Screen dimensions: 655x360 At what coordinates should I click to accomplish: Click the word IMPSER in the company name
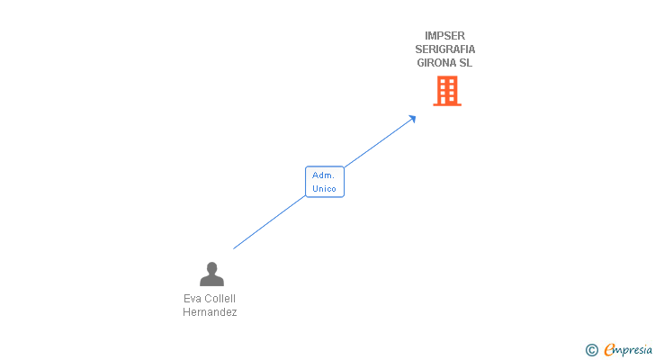445,36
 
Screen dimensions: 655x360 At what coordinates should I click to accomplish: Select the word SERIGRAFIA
445,49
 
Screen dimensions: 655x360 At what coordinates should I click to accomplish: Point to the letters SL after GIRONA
465,63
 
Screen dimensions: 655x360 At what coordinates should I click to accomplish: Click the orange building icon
447,91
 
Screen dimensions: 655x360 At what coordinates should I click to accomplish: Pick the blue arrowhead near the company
412,118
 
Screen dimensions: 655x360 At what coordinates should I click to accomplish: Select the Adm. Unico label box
324,182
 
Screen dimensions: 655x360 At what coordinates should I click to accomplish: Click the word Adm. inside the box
324,175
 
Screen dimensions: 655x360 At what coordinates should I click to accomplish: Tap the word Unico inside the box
324,189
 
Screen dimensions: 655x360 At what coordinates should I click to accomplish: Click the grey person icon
211,274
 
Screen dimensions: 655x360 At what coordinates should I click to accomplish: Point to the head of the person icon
211,267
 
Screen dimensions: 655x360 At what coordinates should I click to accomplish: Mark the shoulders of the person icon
211,281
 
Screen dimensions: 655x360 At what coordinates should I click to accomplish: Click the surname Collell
220,299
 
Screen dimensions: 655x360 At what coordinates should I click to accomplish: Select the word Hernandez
210,312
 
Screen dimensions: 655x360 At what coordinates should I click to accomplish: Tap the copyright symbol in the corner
591,350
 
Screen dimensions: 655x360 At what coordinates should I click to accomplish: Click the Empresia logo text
628,350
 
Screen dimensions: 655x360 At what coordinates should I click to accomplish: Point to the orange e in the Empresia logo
609,350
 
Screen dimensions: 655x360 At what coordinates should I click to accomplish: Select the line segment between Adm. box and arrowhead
378,142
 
